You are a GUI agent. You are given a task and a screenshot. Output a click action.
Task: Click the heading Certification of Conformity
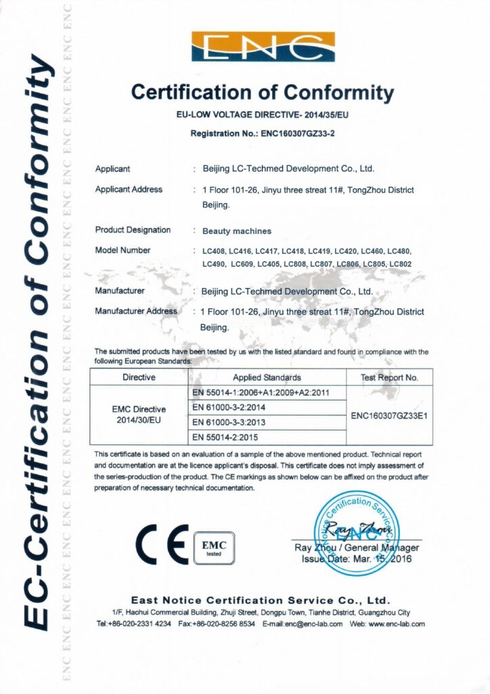263,91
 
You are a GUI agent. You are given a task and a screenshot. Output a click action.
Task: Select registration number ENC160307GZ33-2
298,133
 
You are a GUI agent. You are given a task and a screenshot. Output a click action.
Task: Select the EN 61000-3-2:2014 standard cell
227,407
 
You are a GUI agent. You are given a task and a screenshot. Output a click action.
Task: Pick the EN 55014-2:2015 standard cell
227,437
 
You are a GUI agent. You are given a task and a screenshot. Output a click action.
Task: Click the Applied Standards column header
267,377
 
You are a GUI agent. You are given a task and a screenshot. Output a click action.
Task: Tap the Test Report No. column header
389,377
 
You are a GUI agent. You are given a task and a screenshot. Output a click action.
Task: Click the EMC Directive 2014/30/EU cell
138,415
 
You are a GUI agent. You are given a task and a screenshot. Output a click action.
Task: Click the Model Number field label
123,251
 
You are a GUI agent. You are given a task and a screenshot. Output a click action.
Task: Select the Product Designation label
133,230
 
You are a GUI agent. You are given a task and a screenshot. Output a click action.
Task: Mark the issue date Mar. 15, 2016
376,559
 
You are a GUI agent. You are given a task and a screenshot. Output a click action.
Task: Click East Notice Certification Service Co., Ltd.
261,600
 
